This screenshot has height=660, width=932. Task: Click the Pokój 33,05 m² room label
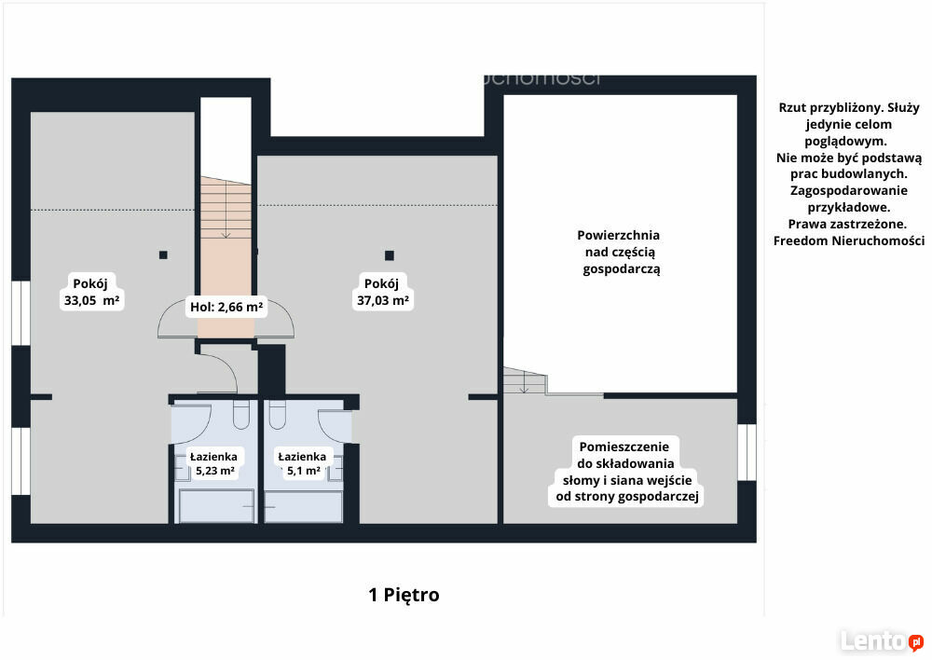(x=91, y=292)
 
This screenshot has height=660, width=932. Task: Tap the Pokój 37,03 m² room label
(x=382, y=292)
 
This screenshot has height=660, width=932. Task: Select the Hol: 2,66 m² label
(x=226, y=307)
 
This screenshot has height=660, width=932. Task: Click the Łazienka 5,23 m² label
(x=214, y=464)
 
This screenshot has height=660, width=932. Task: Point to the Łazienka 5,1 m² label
(x=303, y=464)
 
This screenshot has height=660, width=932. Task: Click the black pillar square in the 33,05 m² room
(x=163, y=255)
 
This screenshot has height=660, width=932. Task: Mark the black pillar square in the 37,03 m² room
(x=390, y=255)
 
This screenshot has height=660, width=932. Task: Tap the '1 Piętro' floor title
(x=404, y=595)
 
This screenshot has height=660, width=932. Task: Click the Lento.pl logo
(x=882, y=641)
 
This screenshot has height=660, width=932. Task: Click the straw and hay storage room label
(x=627, y=472)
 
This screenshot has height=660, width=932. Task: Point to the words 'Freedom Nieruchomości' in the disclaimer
(x=849, y=241)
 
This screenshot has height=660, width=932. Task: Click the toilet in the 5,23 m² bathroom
(x=240, y=415)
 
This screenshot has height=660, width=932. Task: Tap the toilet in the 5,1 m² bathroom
(x=278, y=415)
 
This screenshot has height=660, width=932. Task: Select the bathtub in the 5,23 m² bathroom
(x=217, y=506)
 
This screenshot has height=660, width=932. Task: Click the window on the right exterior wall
(x=747, y=452)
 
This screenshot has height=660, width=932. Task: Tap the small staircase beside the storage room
(x=525, y=380)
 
